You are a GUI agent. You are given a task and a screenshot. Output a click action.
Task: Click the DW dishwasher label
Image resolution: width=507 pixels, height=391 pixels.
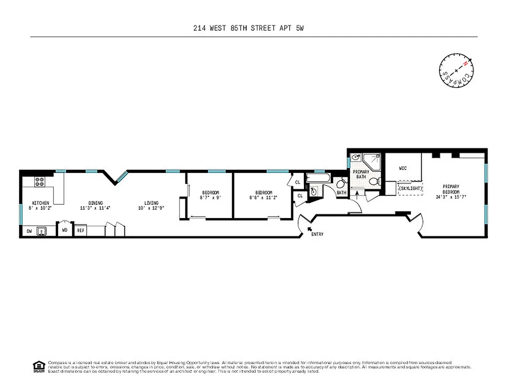pos(29,231)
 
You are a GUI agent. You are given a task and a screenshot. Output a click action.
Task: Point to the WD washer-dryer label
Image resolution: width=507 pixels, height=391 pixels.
pos(65,230)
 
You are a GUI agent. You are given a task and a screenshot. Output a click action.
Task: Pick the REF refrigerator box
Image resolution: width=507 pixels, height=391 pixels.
pos(80,230)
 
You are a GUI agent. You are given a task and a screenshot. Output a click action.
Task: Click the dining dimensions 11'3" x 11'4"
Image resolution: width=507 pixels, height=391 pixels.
pos(95,208)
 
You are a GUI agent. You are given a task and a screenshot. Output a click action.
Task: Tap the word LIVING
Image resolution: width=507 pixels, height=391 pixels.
pos(151,203)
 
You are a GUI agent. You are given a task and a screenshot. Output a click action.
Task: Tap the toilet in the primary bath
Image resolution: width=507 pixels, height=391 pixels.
pos(374,181)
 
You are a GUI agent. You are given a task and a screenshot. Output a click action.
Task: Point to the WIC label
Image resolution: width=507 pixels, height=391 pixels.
pos(403,168)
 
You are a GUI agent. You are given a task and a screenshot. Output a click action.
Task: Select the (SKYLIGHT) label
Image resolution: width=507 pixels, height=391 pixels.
pos(411,188)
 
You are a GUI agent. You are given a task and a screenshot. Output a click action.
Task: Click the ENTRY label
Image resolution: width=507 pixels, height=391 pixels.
pos(317,235)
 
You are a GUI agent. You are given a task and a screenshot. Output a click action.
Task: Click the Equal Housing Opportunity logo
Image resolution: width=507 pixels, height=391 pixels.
pos(37,366)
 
